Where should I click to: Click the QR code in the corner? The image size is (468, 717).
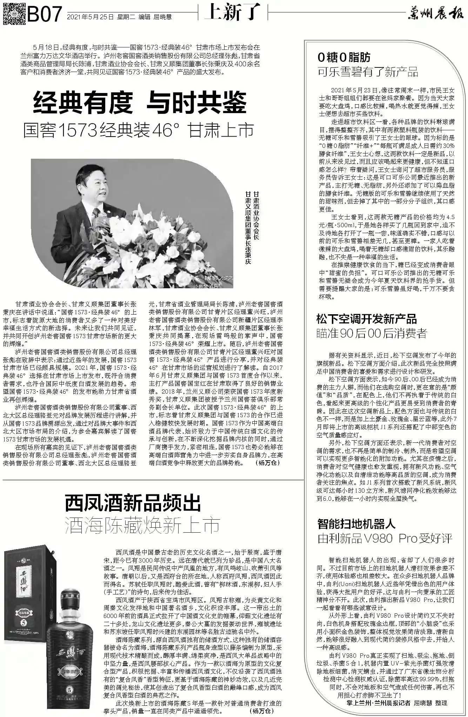pos(14,13)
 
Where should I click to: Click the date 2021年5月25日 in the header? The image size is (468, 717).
pos(90,17)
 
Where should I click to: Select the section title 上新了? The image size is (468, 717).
pos(232,13)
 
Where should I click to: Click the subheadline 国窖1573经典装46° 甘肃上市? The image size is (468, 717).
pos(138,130)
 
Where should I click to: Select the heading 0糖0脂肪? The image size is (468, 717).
pos(344,57)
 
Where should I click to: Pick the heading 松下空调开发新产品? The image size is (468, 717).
pos(366,319)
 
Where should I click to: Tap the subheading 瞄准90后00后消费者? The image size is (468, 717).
pos(372,333)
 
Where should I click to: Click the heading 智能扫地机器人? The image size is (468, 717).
pos(356,524)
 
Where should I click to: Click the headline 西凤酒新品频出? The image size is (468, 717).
pos(133,504)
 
